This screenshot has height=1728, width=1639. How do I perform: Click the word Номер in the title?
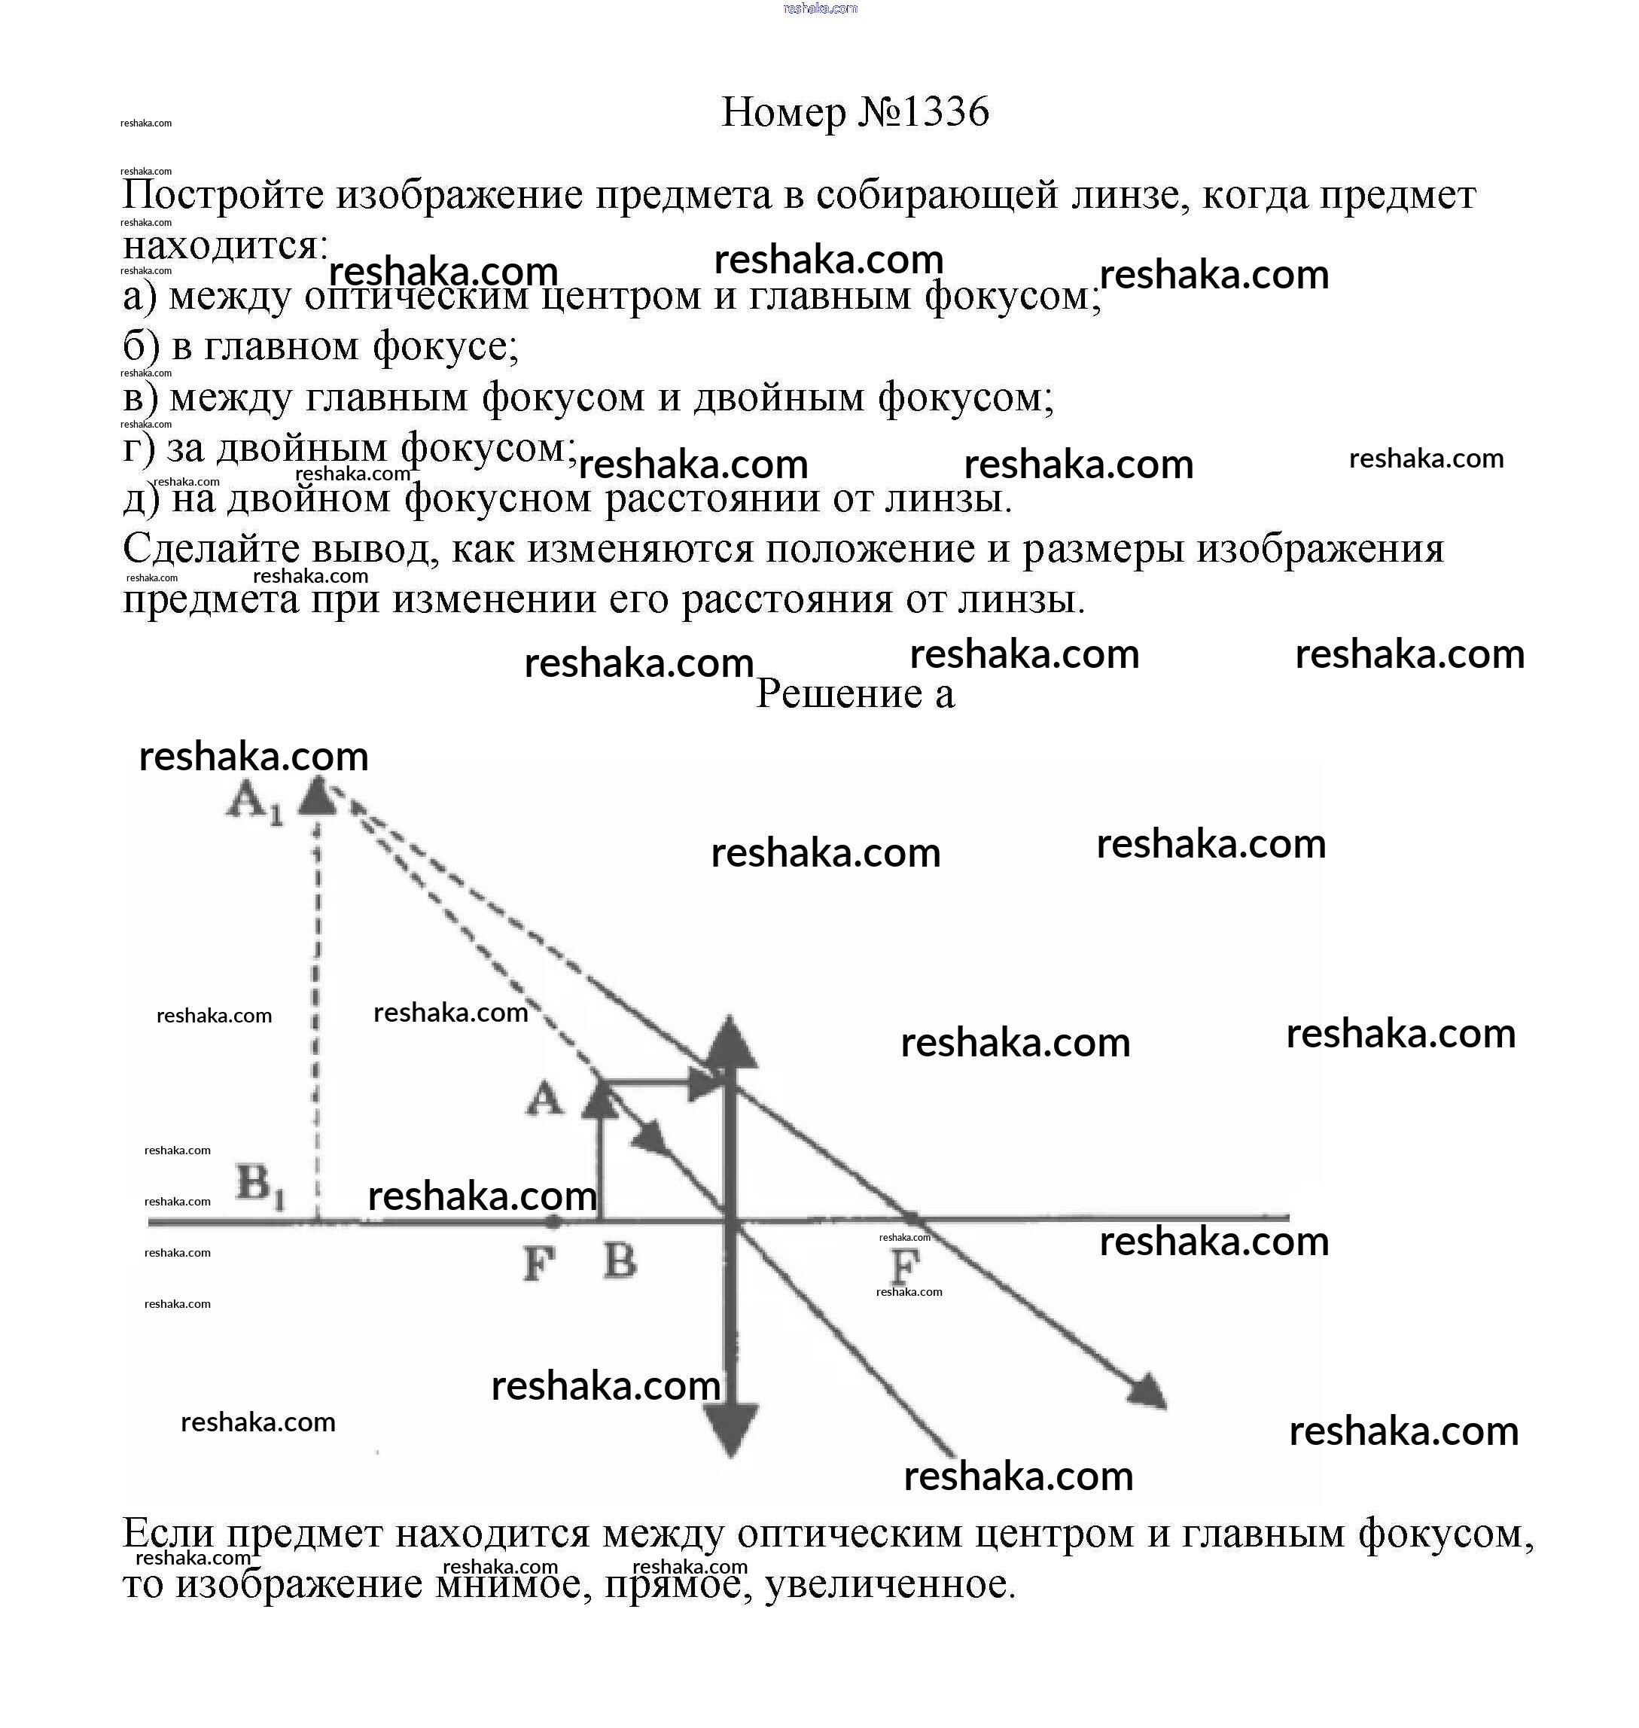[x=784, y=113]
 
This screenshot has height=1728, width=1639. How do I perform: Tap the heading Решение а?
[x=855, y=693]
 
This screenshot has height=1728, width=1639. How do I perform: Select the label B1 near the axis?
[x=260, y=1187]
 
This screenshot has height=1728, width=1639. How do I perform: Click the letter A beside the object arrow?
[x=544, y=1097]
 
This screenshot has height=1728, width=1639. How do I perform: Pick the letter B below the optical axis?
[x=620, y=1261]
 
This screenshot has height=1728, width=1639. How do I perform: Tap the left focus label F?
[x=539, y=1263]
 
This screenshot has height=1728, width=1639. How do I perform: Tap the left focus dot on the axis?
[x=552, y=1221]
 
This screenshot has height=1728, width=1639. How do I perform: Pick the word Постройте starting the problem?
[x=224, y=195]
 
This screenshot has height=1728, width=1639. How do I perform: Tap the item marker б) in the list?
[x=142, y=347]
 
